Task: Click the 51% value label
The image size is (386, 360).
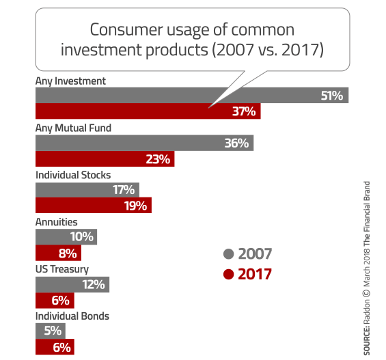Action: click(x=331, y=96)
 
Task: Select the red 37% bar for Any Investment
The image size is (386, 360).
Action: click(x=148, y=111)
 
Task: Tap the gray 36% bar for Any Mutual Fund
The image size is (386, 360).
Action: click(x=145, y=143)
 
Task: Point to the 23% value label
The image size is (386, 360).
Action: click(x=158, y=159)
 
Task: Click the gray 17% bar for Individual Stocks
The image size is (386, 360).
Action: click(x=87, y=190)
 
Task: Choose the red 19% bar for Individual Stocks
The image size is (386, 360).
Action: click(x=94, y=205)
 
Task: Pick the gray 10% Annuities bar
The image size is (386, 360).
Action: click(x=66, y=237)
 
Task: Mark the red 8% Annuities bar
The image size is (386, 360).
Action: click(x=58, y=253)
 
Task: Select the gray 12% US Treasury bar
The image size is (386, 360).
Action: click(x=72, y=285)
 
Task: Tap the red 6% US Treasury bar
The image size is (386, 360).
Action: click(x=55, y=301)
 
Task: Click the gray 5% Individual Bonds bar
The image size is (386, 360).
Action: click(x=51, y=331)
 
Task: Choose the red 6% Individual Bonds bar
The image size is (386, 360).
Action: click(x=55, y=347)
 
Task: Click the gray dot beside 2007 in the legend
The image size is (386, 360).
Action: click(x=228, y=254)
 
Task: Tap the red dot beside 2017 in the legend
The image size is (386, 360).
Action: click(x=228, y=274)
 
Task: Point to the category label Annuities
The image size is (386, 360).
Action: click(x=57, y=222)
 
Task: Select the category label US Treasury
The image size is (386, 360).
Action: click(x=62, y=269)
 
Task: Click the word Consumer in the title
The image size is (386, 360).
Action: click(x=126, y=30)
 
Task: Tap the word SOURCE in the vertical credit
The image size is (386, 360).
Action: click(x=367, y=340)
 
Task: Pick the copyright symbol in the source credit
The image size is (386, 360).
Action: click(x=367, y=293)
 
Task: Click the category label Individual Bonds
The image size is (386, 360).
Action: click(x=72, y=316)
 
